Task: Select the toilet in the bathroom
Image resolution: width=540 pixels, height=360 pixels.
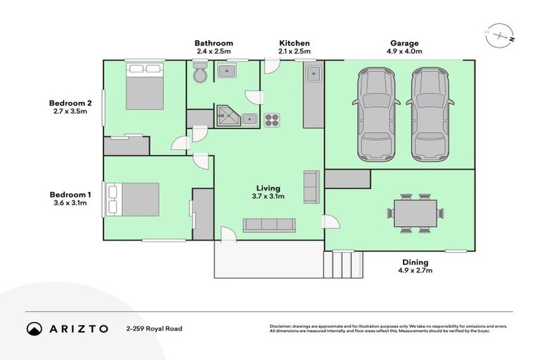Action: point(199,72)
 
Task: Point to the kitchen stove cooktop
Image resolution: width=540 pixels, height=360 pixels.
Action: point(272,120)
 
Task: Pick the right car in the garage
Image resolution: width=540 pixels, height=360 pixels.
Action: point(430,112)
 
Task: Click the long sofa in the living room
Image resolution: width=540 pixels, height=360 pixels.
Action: point(268,225)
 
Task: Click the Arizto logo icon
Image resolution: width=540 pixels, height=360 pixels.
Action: point(34,328)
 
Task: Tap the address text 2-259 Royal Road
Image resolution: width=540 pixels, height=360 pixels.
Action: point(154,328)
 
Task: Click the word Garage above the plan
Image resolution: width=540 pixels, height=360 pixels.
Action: point(406,43)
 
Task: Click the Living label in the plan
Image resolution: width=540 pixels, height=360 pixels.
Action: point(269,188)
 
